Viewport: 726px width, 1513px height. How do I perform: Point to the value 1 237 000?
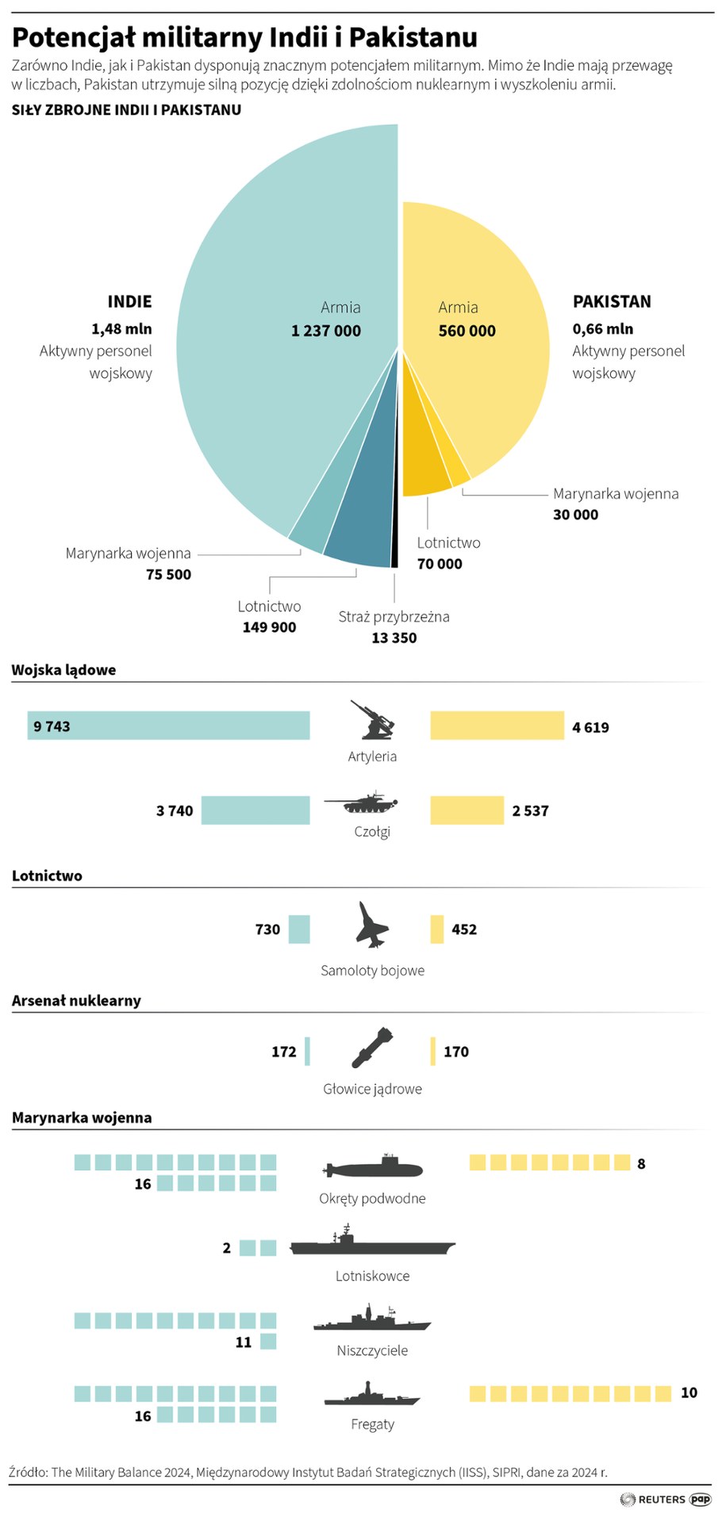click(326, 331)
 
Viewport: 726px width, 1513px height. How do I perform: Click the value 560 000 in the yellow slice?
click(467, 331)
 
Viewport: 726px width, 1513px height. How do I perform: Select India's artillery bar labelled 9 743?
click(168, 726)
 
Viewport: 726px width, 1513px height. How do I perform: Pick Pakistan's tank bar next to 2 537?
click(467, 810)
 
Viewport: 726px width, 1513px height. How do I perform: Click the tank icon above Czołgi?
click(360, 802)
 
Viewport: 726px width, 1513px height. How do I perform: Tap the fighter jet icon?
click(371, 925)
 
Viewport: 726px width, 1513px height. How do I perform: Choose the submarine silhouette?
click(373, 1167)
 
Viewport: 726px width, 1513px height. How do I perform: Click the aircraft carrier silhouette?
click(372, 1244)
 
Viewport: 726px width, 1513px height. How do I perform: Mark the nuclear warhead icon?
click(371, 1048)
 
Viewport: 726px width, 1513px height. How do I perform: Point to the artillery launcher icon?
click(372, 720)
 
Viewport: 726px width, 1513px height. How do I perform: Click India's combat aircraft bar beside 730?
click(299, 929)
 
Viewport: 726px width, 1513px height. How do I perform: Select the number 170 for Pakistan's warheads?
click(456, 1051)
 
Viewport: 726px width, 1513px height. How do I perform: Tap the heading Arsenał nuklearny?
click(76, 1001)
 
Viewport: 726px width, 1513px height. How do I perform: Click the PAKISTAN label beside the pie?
click(612, 301)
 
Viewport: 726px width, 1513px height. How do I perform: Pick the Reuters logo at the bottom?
click(653, 1499)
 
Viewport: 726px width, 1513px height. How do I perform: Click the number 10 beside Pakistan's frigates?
click(689, 1392)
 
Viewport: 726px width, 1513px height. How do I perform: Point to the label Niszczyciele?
click(372, 1350)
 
